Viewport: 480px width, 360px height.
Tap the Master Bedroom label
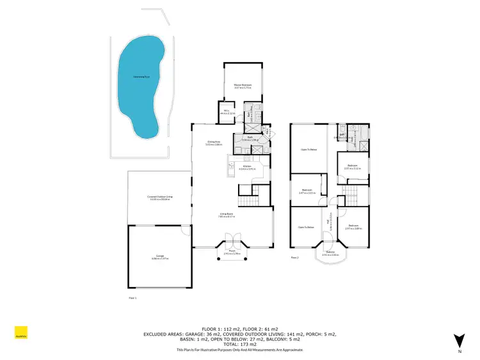pyautogui.click(x=242, y=86)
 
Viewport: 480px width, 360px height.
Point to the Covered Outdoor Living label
pyautogui.click(x=159, y=198)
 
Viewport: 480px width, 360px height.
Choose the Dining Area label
pyautogui.click(x=214, y=143)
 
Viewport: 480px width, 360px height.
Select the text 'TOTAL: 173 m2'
pyautogui.click(x=239, y=344)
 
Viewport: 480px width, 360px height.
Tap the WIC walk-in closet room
pyautogui.click(x=227, y=112)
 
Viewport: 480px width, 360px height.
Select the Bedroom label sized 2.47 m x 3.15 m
pyautogui.click(x=307, y=191)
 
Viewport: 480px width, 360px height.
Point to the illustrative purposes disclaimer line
pyautogui.click(x=239, y=350)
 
